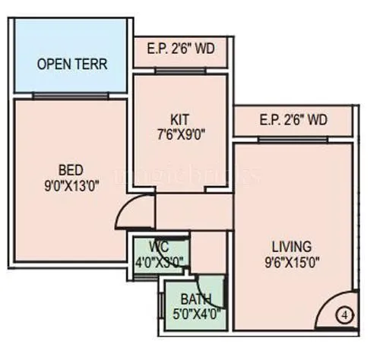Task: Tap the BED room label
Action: click(x=69, y=169)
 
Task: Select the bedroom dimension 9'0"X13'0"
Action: click(x=69, y=183)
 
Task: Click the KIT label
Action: click(x=180, y=119)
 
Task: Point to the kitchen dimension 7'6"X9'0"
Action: click(x=180, y=134)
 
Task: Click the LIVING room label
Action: click(x=291, y=246)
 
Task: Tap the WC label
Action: click(x=159, y=246)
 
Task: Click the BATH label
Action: click(x=196, y=299)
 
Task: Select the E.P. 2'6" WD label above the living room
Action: click(x=293, y=120)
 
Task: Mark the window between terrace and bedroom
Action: click(x=70, y=96)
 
